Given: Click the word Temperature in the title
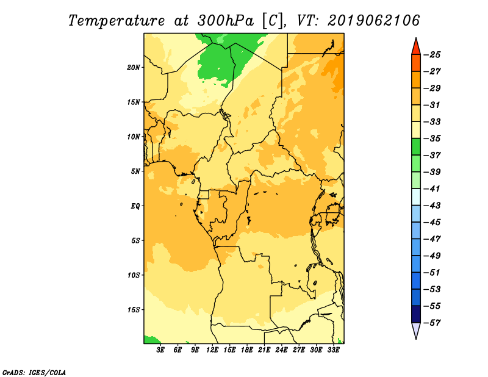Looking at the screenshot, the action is coord(117,21).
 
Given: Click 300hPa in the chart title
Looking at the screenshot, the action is coord(225,21).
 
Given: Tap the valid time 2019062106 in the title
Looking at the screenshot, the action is coord(374,21).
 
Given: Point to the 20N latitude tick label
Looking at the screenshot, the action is coord(134,68).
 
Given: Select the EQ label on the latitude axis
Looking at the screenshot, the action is coord(135,206).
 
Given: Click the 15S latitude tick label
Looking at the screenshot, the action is coord(134,310).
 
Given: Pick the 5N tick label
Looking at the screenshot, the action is coord(135,171).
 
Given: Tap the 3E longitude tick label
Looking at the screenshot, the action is coord(160,350).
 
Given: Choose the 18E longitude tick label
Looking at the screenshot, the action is coord(247,350).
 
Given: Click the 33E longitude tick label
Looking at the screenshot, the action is coord(333,350).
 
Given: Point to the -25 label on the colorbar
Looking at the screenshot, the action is coord(432,55).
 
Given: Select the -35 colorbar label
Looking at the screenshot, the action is coord(432,138).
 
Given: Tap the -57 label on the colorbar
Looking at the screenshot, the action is coord(432,323).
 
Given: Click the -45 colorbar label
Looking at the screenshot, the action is coord(432,222).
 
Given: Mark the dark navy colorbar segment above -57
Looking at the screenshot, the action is coord(416,314).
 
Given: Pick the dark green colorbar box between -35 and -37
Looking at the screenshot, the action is coord(416,147).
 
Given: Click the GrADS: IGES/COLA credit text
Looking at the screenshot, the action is coord(34,373).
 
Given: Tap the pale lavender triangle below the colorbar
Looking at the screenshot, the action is coord(416,329).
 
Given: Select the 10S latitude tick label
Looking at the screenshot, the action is coord(134,275).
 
